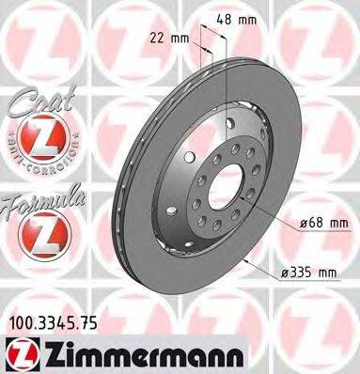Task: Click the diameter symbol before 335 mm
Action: [281, 273]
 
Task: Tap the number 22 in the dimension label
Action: [156, 38]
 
